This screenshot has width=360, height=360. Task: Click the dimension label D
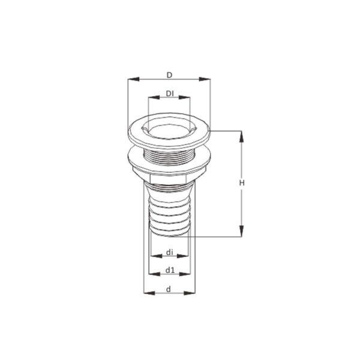(169, 75)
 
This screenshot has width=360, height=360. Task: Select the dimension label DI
(170, 94)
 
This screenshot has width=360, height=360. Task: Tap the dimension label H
(242, 183)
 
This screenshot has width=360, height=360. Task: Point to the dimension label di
(169, 253)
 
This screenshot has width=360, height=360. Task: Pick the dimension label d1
(170, 270)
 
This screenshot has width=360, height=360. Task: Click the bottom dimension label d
(169, 289)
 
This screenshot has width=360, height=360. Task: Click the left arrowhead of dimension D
(133, 79)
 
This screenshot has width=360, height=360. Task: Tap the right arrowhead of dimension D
(205, 79)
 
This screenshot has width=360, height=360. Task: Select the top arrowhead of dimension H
(241, 137)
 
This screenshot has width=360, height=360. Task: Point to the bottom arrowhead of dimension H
(241, 231)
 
